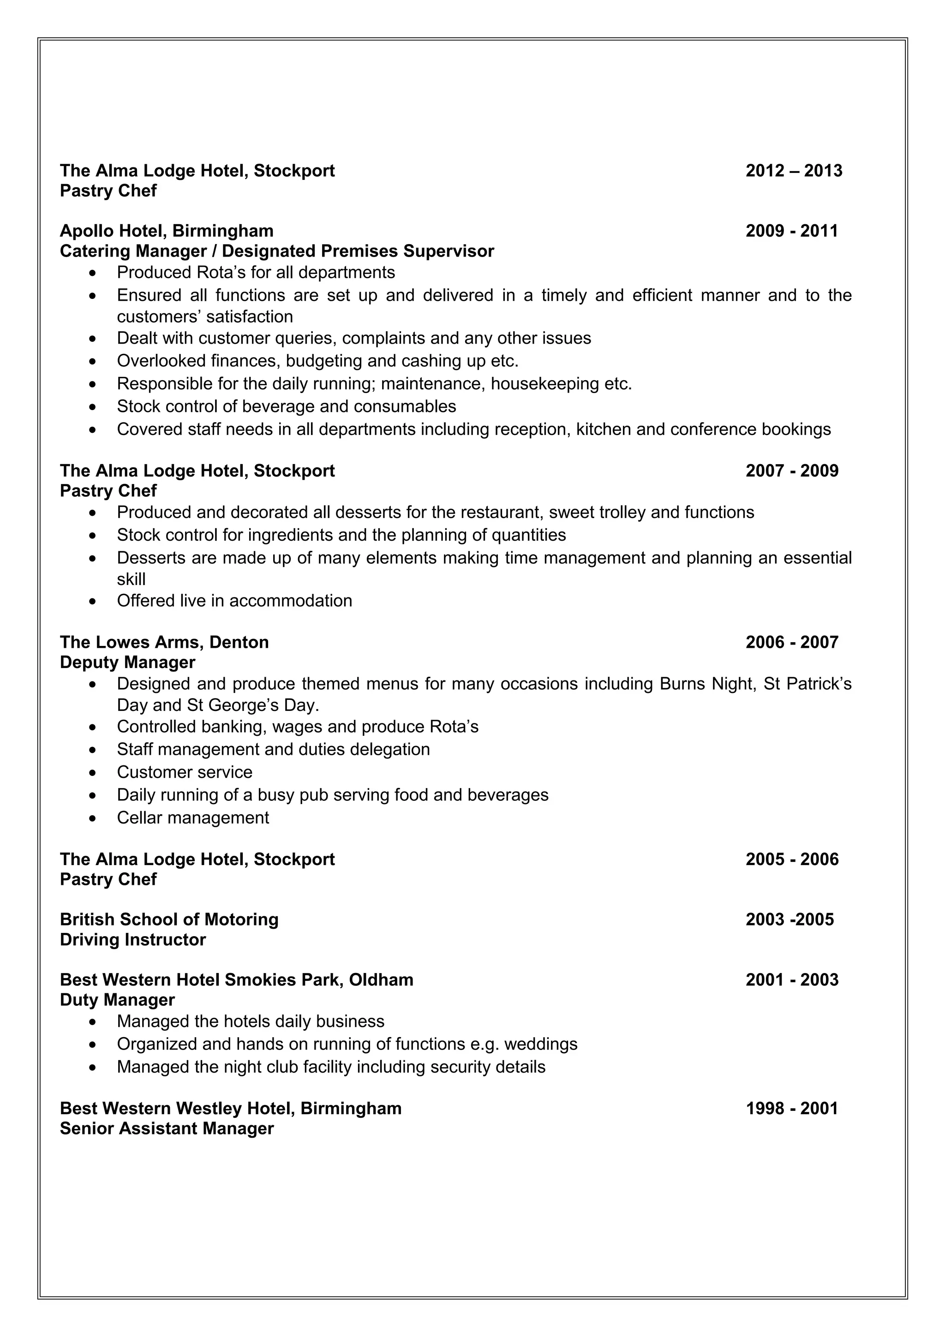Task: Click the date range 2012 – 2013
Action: (x=794, y=171)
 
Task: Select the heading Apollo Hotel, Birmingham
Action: (x=167, y=231)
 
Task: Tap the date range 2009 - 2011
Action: (x=791, y=231)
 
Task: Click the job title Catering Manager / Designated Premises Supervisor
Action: (x=276, y=251)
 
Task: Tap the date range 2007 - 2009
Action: (x=791, y=471)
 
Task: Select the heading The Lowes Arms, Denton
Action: (x=164, y=642)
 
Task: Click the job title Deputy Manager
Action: (x=127, y=663)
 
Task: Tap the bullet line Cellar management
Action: (x=193, y=818)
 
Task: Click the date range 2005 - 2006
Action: (x=791, y=859)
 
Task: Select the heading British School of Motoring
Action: (x=169, y=919)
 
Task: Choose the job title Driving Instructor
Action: (x=133, y=940)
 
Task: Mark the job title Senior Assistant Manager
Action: (x=167, y=1128)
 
